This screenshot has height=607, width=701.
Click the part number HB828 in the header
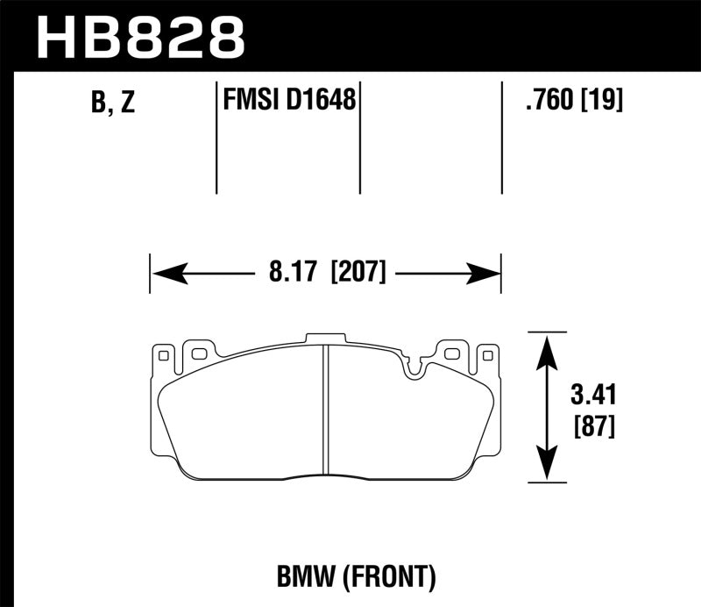pos(140,37)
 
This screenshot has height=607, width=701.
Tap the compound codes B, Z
pos(113,104)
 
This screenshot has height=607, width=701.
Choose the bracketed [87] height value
pos(593,428)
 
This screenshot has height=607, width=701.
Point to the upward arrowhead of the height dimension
pos(546,348)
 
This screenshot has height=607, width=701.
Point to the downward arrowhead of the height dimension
pos(546,466)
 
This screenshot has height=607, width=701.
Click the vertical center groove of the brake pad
pos(324,409)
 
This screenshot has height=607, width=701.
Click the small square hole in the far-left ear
pos(161,354)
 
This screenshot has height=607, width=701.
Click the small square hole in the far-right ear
pos(488,354)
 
